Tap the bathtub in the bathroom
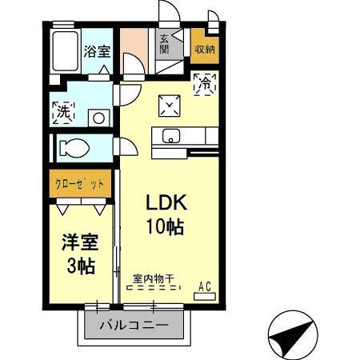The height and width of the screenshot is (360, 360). click(x=64, y=53)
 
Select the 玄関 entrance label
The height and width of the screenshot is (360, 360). click(x=164, y=43)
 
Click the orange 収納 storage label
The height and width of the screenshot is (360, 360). click(x=203, y=49)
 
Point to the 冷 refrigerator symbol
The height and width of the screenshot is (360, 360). click(x=205, y=82)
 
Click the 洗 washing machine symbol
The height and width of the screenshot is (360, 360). click(x=63, y=113)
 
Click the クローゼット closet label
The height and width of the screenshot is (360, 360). click(x=79, y=183)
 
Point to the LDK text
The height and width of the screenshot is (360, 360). click(x=167, y=202)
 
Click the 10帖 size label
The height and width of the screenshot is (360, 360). click(x=166, y=226)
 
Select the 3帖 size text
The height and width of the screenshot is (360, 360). click(x=80, y=266)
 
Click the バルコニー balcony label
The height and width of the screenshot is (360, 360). click(x=134, y=326)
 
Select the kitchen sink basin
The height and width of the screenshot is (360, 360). click(x=171, y=136)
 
